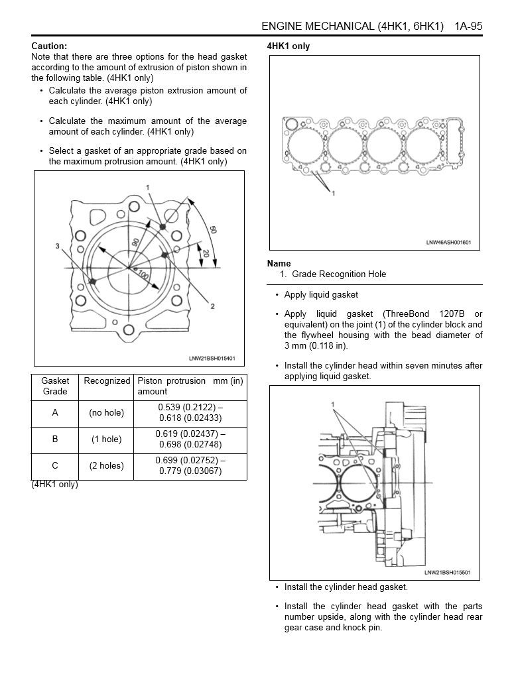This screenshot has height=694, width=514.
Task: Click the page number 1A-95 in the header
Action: pyautogui.click(x=468, y=27)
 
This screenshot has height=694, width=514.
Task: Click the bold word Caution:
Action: pyautogui.click(x=49, y=46)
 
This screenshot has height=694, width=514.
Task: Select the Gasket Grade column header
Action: pyautogui.click(x=55, y=386)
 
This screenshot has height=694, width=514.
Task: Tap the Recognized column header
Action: pyautogui.click(x=107, y=381)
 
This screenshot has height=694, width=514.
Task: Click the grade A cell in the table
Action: pyautogui.click(x=55, y=413)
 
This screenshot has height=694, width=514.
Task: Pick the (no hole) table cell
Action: pyautogui.click(x=106, y=413)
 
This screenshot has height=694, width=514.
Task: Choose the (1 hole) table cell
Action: pyautogui.click(x=106, y=439)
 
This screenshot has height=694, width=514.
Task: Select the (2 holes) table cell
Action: pyautogui.click(x=106, y=466)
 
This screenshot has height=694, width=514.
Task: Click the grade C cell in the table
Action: pyautogui.click(x=55, y=466)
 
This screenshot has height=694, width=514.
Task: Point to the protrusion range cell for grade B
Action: pyautogui.click(x=190, y=439)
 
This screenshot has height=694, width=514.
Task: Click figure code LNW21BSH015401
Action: pyautogui.click(x=212, y=359)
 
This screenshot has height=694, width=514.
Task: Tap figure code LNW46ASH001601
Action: pyautogui.click(x=448, y=243)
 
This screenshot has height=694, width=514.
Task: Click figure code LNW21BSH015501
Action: pyautogui.click(x=448, y=573)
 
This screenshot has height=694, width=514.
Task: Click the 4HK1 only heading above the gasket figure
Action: pyautogui.click(x=288, y=46)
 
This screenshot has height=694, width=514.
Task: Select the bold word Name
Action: pyautogui.click(x=279, y=264)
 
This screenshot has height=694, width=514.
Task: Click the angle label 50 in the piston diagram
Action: pyautogui.click(x=213, y=230)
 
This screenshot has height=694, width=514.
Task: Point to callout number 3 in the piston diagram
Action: pyautogui.click(x=58, y=246)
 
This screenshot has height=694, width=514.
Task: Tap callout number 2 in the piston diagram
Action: pyautogui.click(x=212, y=306)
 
